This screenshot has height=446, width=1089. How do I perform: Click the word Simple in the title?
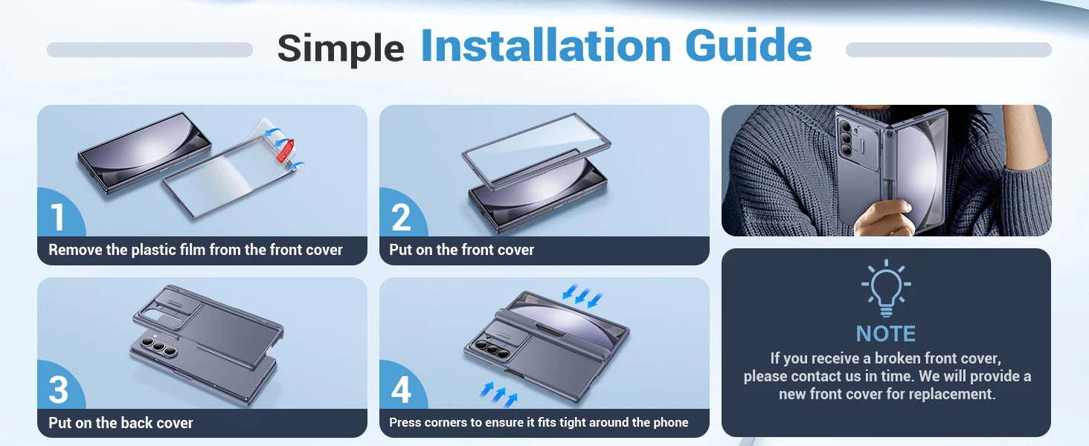click(x=341, y=48)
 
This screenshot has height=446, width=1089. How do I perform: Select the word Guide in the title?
click(x=748, y=45)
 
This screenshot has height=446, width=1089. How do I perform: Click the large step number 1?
click(x=58, y=217)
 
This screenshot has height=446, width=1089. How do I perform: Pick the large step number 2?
click(x=401, y=217)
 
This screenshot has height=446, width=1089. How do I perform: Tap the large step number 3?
click(x=58, y=390)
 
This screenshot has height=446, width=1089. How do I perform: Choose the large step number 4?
click(x=402, y=390)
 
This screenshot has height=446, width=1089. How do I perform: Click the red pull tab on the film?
click(x=286, y=151)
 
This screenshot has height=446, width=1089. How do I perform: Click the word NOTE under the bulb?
click(x=886, y=334)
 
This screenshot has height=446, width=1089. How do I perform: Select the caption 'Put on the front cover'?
click(x=461, y=250)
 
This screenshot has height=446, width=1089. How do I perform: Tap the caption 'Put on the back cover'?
click(x=121, y=423)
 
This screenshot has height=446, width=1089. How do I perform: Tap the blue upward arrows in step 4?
click(x=498, y=394)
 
